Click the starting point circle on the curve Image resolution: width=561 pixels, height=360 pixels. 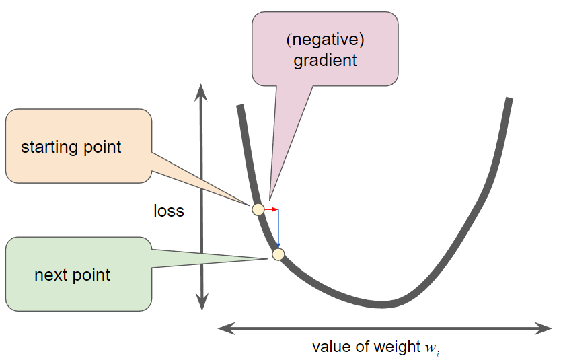tap(258, 209)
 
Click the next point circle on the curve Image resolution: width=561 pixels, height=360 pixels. tap(278, 254)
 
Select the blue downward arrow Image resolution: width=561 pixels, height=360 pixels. tap(278, 229)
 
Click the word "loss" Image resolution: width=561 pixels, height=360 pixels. tap(168, 211)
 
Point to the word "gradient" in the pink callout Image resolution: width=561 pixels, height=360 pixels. tap(325, 60)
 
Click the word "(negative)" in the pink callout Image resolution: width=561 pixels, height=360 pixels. tap(325, 40)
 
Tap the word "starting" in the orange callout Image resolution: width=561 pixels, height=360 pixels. tap(48, 147)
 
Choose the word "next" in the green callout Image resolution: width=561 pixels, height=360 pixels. tap(48, 275)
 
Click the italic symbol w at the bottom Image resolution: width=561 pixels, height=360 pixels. tap(431, 347)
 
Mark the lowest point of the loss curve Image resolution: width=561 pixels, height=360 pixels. tap(382, 303)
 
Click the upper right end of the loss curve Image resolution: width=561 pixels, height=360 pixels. tap(509, 100)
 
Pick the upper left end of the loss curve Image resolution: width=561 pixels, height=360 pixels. tap(239, 106)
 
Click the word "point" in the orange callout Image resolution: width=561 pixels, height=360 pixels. tap(100, 147)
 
